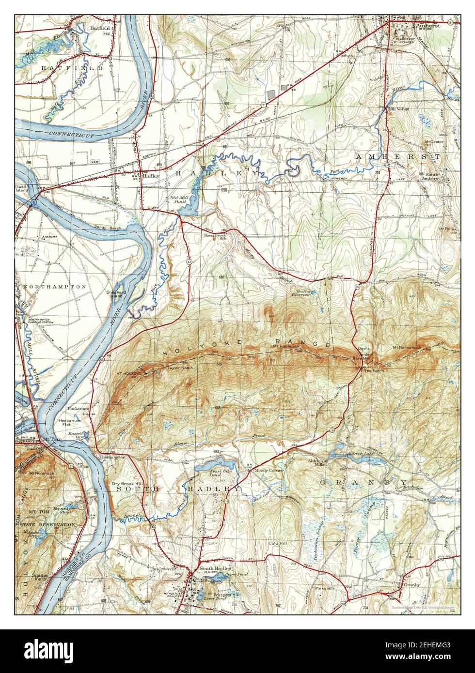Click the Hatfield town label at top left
(x=100, y=29)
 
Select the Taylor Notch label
(x=167, y=367)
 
